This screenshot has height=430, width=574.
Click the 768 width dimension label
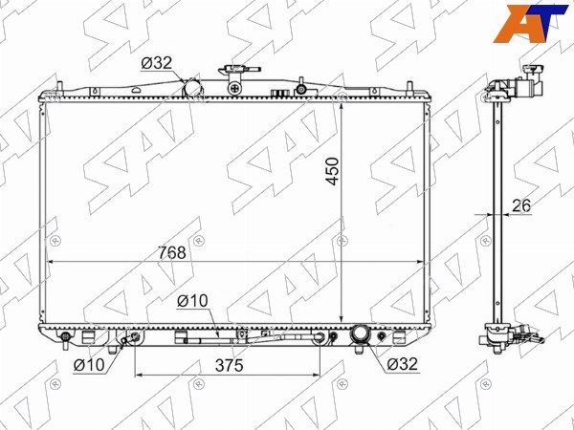click(x=172, y=252)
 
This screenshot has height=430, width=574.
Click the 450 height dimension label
click(x=332, y=171)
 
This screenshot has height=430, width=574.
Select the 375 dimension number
click(x=230, y=365)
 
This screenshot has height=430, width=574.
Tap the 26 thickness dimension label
click(x=521, y=205)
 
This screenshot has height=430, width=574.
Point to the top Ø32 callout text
click(x=156, y=63)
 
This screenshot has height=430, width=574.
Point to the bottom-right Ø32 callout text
click(x=402, y=364)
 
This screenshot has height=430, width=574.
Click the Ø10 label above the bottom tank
click(x=192, y=301)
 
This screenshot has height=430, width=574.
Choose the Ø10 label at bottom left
click(x=89, y=365)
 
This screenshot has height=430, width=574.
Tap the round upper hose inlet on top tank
click(x=192, y=88)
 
